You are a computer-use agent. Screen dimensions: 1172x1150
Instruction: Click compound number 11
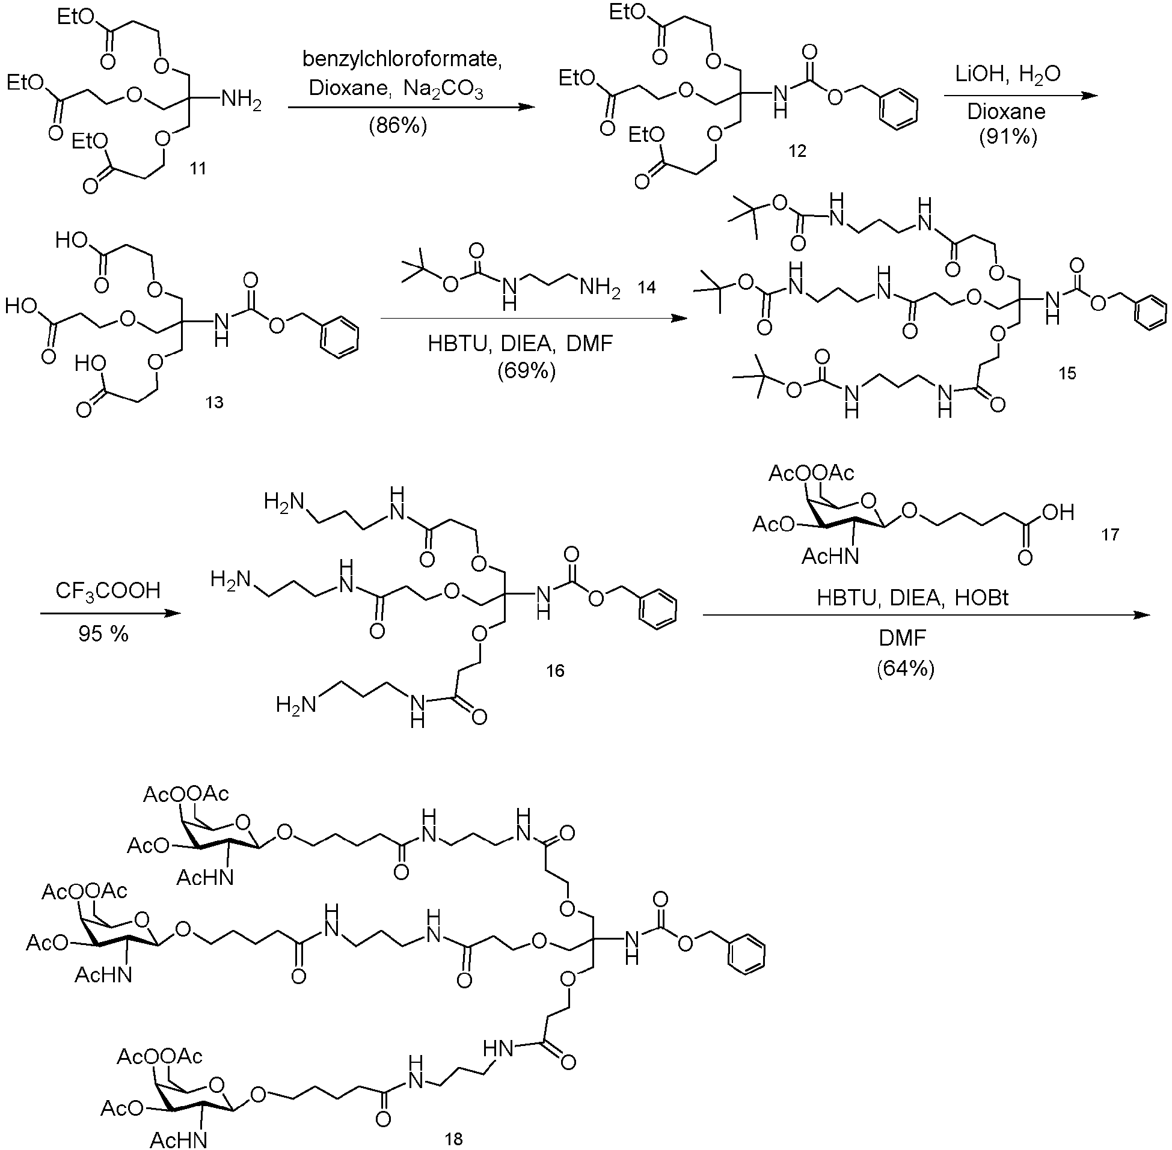pyautogui.click(x=198, y=168)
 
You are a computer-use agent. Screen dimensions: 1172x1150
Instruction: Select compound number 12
pyautogui.click(x=797, y=151)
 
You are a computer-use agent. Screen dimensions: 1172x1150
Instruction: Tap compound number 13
pyautogui.click(x=215, y=402)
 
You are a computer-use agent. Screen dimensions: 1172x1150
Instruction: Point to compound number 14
pyautogui.click(x=646, y=287)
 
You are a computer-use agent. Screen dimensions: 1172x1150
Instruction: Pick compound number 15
pyautogui.click(x=1067, y=373)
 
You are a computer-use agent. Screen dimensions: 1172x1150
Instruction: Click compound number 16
pyautogui.click(x=555, y=670)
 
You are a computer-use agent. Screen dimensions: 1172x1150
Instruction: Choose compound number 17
pyautogui.click(x=1111, y=534)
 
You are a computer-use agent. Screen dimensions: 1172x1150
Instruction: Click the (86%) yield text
pyautogui.click(x=398, y=126)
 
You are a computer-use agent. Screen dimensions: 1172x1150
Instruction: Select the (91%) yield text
pyautogui.click(x=1008, y=137)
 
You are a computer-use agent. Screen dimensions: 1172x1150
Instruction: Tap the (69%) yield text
pyautogui.click(x=527, y=370)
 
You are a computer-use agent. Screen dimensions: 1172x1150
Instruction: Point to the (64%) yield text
pyautogui.click(x=906, y=668)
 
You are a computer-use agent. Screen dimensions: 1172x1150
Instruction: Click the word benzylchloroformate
pyautogui.click(x=402, y=59)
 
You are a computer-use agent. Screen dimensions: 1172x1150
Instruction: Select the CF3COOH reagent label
pyautogui.click(x=108, y=591)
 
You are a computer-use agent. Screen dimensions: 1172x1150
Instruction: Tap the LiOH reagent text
pyautogui.click(x=981, y=75)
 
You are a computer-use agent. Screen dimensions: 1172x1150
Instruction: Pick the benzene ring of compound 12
pyautogui.click(x=898, y=109)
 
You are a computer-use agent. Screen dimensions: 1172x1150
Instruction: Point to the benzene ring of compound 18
pyautogui.click(x=747, y=955)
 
